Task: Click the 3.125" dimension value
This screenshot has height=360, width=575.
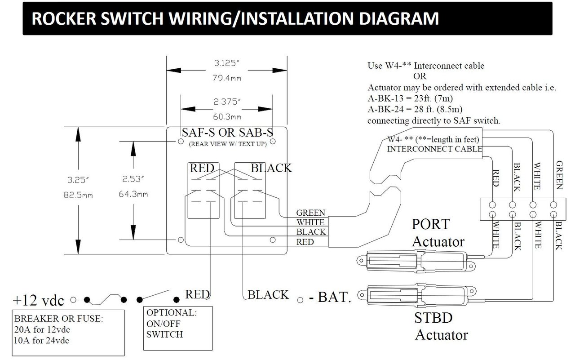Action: [x=226, y=64]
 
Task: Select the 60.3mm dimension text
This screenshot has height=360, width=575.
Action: [x=226, y=117]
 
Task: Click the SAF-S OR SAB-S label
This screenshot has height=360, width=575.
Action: [x=228, y=133]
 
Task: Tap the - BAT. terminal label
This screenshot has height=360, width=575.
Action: [x=330, y=297]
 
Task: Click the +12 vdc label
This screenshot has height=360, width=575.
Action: [x=39, y=300]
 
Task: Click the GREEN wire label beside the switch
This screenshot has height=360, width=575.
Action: [x=310, y=213]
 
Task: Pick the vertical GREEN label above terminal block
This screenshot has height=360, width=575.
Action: [x=559, y=175]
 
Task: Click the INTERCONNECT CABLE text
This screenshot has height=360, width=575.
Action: [x=435, y=149]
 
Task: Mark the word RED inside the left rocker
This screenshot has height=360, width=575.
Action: [x=202, y=169]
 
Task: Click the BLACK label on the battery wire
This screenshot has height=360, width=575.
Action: [x=268, y=295]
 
